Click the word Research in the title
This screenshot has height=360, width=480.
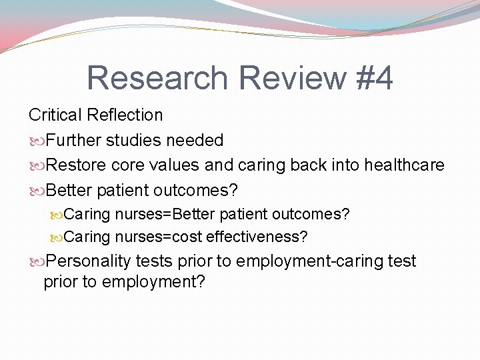(x=157, y=79)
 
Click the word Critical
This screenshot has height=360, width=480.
(x=55, y=115)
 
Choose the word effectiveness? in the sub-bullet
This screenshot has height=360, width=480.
(x=257, y=236)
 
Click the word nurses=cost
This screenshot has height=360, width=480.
(x=159, y=236)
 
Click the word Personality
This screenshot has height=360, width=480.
(x=91, y=261)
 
